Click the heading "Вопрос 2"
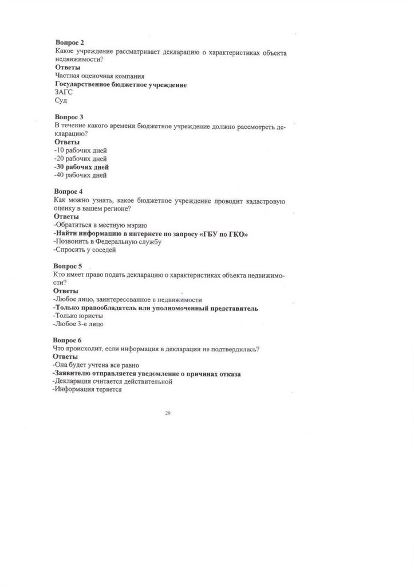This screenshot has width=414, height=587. [x=69, y=43]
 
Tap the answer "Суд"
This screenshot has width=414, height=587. [x=61, y=100]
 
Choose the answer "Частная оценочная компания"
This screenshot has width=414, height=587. [x=96, y=76]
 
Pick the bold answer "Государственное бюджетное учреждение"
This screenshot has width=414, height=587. [x=121, y=84]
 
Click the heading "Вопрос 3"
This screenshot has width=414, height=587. [x=69, y=116]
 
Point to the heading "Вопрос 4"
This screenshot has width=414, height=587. [x=69, y=191]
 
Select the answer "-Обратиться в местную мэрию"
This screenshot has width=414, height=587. [x=101, y=225]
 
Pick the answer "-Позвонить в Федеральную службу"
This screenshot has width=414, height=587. [x=107, y=241]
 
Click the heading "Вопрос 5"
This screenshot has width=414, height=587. [x=68, y=266]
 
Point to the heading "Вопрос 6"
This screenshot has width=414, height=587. [x=68, y=340]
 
